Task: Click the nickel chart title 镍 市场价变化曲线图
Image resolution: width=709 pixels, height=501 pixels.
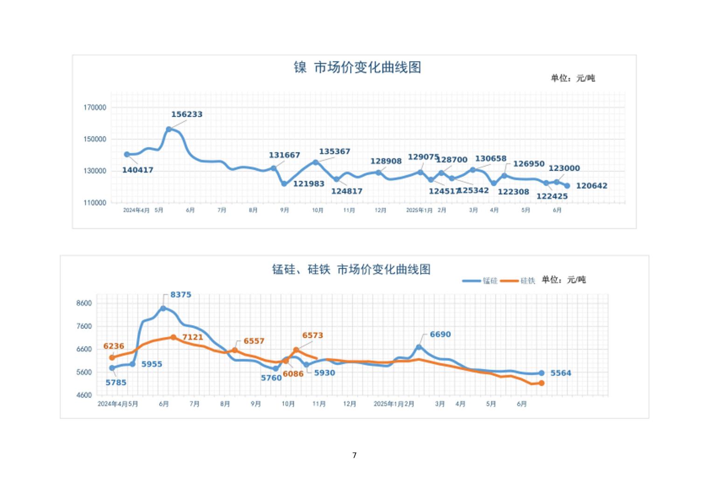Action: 357,68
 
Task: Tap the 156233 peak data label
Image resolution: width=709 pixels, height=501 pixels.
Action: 187,114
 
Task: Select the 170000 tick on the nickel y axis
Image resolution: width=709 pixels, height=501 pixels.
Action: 95,107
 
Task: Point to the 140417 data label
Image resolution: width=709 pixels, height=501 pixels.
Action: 138,170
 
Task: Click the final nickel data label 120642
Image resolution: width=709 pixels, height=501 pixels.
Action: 591,186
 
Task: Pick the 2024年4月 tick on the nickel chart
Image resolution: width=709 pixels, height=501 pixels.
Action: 136,210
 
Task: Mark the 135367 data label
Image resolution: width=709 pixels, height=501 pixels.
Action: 334,152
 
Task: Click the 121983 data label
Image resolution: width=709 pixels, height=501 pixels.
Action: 308,184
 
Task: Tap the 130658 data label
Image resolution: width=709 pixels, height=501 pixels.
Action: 491,159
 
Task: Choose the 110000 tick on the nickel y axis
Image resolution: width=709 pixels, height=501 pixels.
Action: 95,203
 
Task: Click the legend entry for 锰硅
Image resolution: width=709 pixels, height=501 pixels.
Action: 490,281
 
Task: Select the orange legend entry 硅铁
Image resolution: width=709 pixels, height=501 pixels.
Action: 528,281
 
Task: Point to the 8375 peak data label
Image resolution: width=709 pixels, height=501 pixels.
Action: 181,295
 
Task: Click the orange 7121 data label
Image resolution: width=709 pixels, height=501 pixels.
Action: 193,337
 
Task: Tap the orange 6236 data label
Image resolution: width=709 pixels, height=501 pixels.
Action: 114,346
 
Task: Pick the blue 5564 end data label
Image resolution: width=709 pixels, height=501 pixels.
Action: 561,373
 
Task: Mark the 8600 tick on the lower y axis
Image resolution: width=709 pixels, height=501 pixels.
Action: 84,303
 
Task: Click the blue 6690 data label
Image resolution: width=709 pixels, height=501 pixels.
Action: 440,334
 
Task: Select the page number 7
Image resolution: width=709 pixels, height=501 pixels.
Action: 354,455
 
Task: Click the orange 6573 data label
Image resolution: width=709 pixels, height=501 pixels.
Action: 313,335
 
